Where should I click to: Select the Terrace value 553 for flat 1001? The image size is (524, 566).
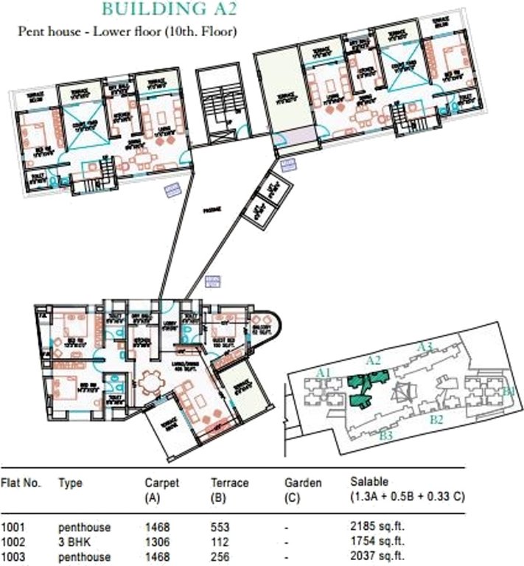(x=220, y=528)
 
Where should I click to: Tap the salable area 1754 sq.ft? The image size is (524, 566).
(x=378, y=542)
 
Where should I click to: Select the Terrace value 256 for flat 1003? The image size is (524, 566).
(x=220, y=556)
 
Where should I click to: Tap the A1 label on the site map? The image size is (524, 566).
(x=322, y=374)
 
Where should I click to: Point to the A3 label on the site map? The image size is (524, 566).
(x=424, y=346)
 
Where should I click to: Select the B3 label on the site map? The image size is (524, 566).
(x=385, y=436)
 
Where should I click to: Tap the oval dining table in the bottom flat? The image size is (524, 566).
(x=152, y=382)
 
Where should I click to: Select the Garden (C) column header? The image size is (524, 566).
(x=303, y=490)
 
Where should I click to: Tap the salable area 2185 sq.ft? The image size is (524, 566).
(x=378, y=528)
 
